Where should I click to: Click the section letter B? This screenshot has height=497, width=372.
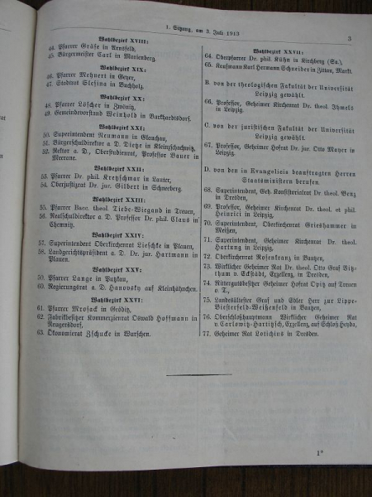click(207, 83)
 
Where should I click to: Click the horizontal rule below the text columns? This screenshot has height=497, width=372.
click(198, 375)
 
